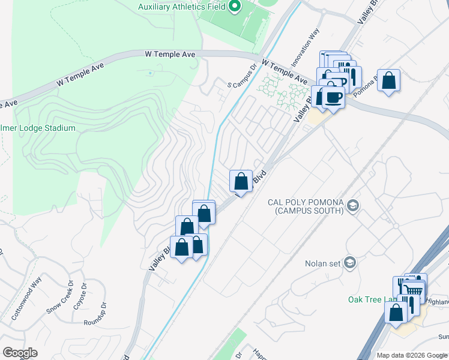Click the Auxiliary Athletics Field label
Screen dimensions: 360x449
[181, 7]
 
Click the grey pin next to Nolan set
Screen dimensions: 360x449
[351, 262]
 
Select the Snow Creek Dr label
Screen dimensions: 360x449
[61, 302]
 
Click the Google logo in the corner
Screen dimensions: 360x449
[20, 353]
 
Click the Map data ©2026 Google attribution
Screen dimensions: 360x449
[412, 355]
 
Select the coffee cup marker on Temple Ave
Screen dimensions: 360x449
[333, 97]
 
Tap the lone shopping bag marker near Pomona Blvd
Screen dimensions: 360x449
[389, 80]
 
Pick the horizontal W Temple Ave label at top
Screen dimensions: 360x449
[170, 54]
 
